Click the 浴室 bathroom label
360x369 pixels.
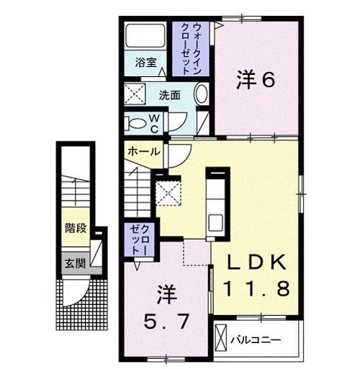[146, 63]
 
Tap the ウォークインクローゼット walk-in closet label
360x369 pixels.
[191, 49]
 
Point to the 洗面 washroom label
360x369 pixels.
[170, 94]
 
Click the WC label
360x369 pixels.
[154, 123]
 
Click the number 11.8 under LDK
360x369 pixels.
[256, 288]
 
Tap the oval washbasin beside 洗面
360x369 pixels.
[202, 95]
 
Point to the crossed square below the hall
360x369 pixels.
[168, 192]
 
